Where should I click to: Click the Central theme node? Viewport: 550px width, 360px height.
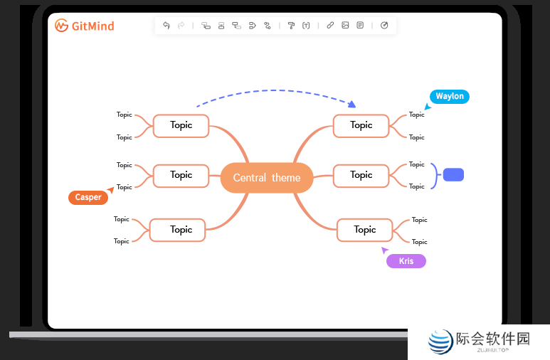coord(267,178)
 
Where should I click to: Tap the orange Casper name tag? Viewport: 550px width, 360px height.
coord(88,198)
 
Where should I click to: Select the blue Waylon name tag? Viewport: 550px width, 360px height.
coord(449,97)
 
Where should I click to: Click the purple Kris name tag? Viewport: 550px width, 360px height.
coord(406,261)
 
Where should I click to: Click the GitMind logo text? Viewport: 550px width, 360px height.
coord(85,26)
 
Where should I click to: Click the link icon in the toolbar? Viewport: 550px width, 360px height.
coord(330,26)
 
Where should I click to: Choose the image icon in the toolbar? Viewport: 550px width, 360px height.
coord(345,26)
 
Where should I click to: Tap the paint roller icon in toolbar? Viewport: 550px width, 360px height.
coord(291,26)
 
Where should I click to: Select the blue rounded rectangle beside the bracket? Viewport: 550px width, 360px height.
coord(453,175)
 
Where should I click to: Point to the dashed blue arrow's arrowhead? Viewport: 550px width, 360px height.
coord(351,105)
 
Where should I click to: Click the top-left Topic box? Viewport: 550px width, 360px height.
coord(181,126)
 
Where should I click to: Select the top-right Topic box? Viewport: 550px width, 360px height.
coord(361,126)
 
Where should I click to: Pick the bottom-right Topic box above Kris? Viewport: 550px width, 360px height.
coord(364,230)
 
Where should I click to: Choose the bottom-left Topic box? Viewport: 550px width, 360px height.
coord(177,230)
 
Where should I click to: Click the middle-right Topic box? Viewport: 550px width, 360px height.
coord(361,175)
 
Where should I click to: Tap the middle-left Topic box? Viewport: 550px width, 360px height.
coord(181,175)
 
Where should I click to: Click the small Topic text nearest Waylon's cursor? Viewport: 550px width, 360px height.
coord(416,115)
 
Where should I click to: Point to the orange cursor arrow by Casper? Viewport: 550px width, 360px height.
coord(110,191)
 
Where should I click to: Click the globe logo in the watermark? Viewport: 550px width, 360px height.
coord(440,342)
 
